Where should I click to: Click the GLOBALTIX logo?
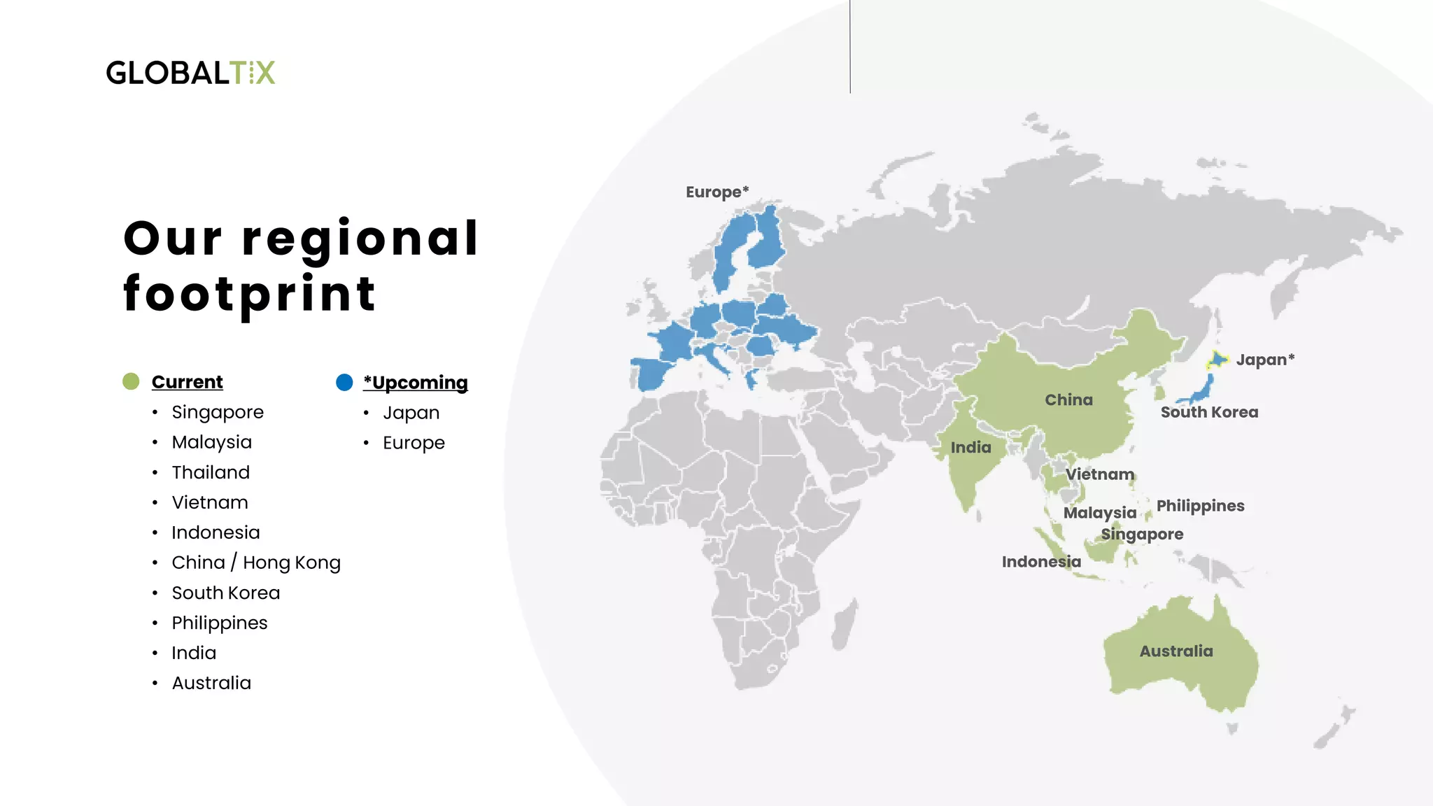[190, 73]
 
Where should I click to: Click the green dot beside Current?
[131, 381]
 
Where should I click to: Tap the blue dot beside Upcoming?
[344, 382]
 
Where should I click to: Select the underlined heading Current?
[187, 382]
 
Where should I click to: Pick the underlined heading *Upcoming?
[416, 383]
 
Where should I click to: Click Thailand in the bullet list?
[211, 472]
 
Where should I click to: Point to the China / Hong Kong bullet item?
[256, 563]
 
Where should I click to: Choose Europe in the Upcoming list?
[414, 443]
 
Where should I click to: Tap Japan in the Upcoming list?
[411, 413]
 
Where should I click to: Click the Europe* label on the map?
[717, 192]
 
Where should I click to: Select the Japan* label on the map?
[1265, 360]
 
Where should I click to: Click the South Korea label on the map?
[1209, 412]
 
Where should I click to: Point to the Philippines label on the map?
[1200, 506]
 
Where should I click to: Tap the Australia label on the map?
[1176, 651]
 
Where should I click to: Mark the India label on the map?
[970, 448]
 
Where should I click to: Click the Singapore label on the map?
[1142, 535]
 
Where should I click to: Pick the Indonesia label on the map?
[1041, 562]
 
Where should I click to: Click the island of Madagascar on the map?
[843, 625]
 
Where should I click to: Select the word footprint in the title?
[250, 294]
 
